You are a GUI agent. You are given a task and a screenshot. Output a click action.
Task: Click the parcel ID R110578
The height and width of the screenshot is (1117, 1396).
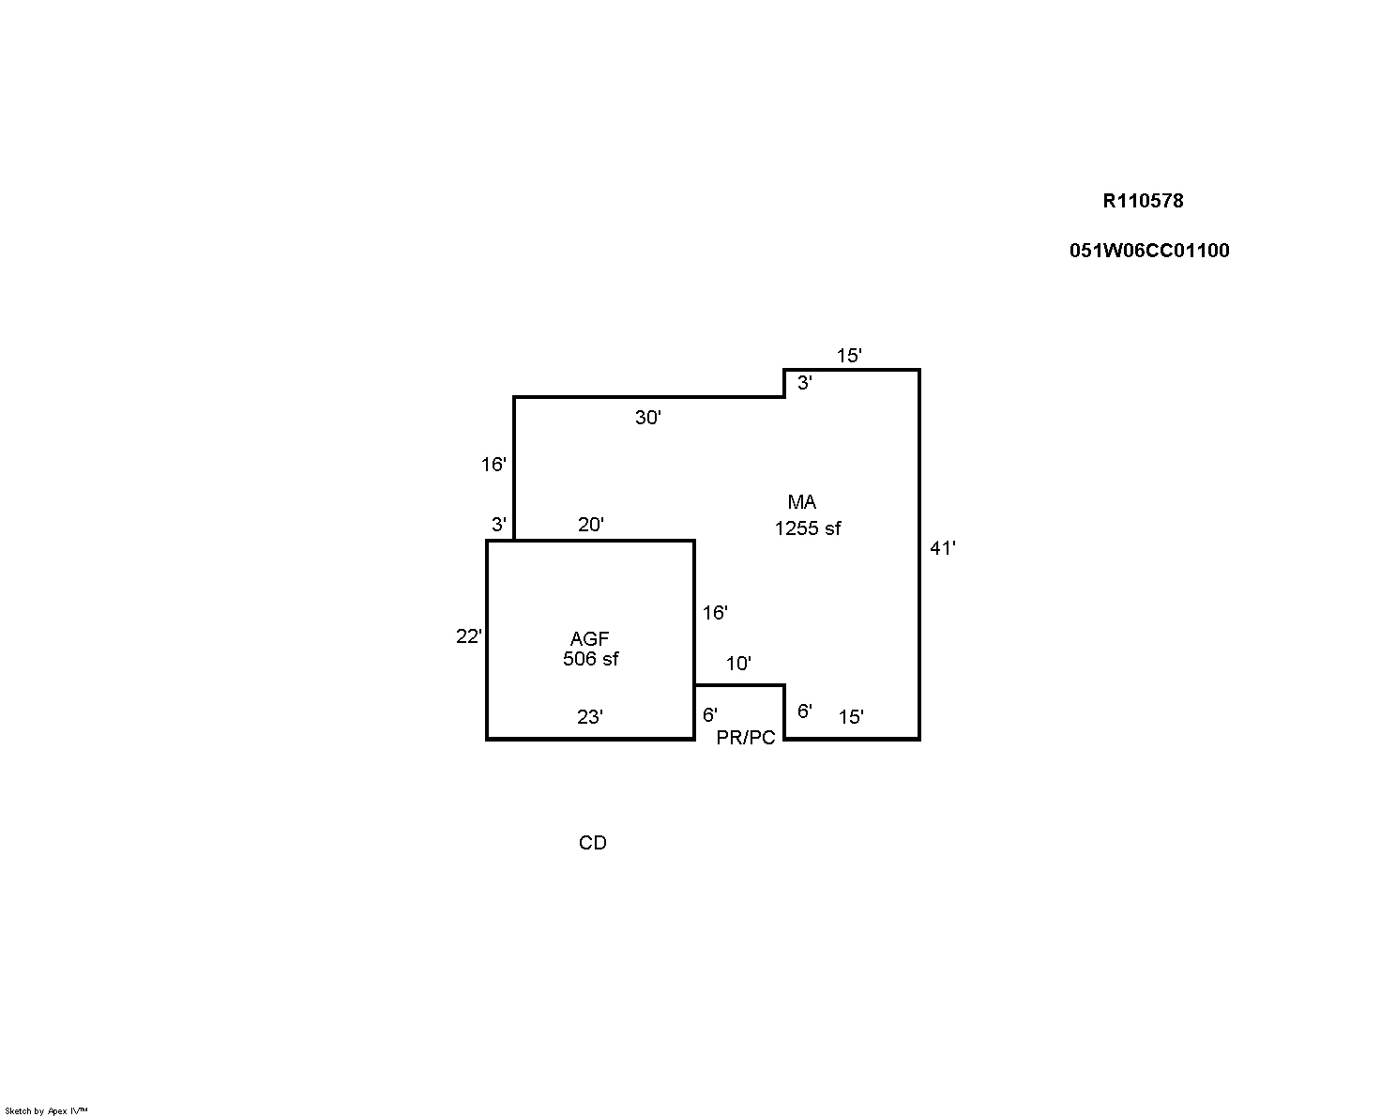(x=1143, y=201)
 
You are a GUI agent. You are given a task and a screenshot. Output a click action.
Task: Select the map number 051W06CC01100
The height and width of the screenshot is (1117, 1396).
(x=1149, y=251)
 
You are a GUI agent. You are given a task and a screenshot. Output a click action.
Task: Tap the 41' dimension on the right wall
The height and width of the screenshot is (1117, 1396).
(x=943, y=548)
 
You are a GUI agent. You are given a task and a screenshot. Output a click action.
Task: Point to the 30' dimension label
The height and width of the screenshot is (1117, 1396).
(x=648, y=418)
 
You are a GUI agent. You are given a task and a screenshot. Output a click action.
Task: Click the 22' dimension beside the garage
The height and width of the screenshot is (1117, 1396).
(x=469, y=636)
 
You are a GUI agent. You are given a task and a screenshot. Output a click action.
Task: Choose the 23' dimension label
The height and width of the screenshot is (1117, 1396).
(x=590, y=716)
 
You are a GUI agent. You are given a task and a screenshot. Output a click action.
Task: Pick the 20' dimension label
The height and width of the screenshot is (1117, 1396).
(x=591, y=525)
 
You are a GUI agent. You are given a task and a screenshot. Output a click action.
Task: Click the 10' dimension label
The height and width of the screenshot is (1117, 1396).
(x=738, y=664)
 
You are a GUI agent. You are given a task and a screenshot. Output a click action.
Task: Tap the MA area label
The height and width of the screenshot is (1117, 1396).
(x=802, y=501)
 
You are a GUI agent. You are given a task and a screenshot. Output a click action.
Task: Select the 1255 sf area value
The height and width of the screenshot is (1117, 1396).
(x=808, y=528)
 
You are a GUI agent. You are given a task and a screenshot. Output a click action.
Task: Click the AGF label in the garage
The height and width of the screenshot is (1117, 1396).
(x=590, y=638)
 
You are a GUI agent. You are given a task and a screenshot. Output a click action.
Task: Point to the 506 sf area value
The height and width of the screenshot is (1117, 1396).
(x=590, y=659)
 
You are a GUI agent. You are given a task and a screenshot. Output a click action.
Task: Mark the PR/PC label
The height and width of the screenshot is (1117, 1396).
(x=746, y=737)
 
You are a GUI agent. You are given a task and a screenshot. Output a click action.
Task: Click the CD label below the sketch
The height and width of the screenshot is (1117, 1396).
(x=593, y=843)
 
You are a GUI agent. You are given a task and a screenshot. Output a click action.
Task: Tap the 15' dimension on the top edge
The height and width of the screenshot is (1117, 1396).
(x=849, y=356)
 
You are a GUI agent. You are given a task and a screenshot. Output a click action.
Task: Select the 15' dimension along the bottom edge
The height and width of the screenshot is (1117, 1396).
(x=851, y=716)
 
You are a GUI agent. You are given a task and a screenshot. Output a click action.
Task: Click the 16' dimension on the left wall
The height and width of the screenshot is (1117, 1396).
(x=493, y=464)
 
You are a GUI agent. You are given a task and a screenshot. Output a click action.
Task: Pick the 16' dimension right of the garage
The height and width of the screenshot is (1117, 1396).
(x=716, y=612)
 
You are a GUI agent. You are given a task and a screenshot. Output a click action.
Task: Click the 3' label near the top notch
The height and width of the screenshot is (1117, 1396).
(x=805, y=383)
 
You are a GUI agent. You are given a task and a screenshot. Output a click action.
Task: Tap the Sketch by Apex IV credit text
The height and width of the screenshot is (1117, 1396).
(x=46, y=1110)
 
